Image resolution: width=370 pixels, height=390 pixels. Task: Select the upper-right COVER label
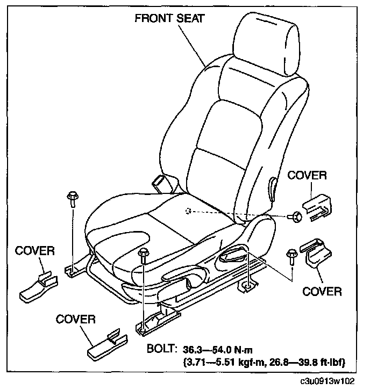pos(307,176)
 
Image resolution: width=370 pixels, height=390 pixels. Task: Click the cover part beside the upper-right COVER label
pos(318,207)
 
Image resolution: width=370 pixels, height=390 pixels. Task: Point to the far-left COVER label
pos(34,251)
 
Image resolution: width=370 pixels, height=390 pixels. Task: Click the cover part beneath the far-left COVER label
pos(41,285)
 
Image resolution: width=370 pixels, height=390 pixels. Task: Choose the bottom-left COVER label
pos(76,320)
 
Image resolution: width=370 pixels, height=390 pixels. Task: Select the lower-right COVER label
pos(322,292)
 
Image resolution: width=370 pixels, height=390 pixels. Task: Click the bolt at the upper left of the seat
pos(72,198)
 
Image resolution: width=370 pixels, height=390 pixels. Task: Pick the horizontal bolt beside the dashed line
pos(296,216)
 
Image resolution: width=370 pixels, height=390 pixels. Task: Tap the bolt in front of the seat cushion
pos(144,255)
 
